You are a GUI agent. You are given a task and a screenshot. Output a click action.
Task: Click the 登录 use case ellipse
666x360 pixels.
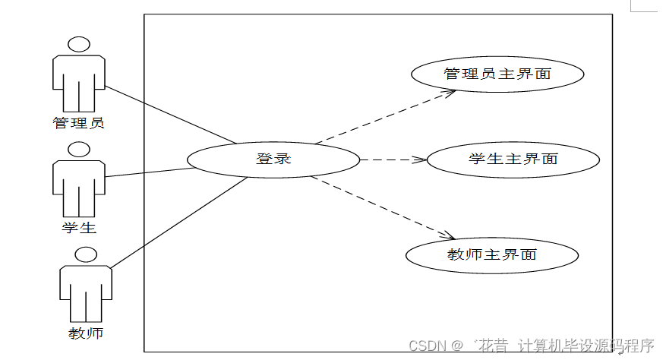[x=273, y=159]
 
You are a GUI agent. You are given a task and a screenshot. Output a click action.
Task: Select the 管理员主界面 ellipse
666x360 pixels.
[x=497, y=74]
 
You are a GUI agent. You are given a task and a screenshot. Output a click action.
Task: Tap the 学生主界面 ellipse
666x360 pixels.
[x=513, y=159]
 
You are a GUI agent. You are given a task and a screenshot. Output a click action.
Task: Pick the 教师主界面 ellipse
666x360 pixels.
[x=492, y=254]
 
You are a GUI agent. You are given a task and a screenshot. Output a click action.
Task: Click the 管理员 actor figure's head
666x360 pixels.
[x=79, y=45]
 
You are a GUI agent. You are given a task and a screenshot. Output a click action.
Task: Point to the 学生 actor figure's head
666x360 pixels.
[x=79, y=150]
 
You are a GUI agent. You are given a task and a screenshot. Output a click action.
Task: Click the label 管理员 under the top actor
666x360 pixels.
[x=79, y=122]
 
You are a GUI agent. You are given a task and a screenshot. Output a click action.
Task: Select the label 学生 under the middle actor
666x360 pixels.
[x=79, y=227]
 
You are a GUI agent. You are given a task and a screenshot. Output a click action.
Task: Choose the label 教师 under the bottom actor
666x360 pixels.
[x=86, y=333]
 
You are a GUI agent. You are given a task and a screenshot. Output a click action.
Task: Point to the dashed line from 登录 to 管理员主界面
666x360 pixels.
[x=384, y=118]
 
